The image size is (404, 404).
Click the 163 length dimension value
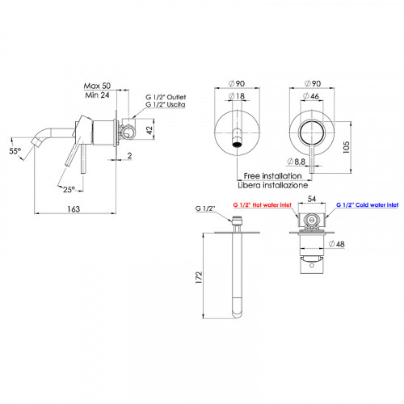click(x=74, y=208)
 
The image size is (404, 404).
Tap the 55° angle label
click(x=15, y=151)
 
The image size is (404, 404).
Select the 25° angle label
click(x=69, y=190)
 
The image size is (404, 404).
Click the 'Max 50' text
click(x=97, y=86)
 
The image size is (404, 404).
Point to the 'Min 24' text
click(x=97, y=95)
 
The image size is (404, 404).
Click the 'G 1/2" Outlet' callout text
click(x=166, y=97)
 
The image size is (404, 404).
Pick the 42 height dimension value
click(x=149, y=129)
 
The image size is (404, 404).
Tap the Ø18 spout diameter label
click(x=237, y=95)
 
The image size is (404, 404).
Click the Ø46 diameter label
click(x=311, y=95)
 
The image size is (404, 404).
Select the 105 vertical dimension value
click(x=346, y=147)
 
